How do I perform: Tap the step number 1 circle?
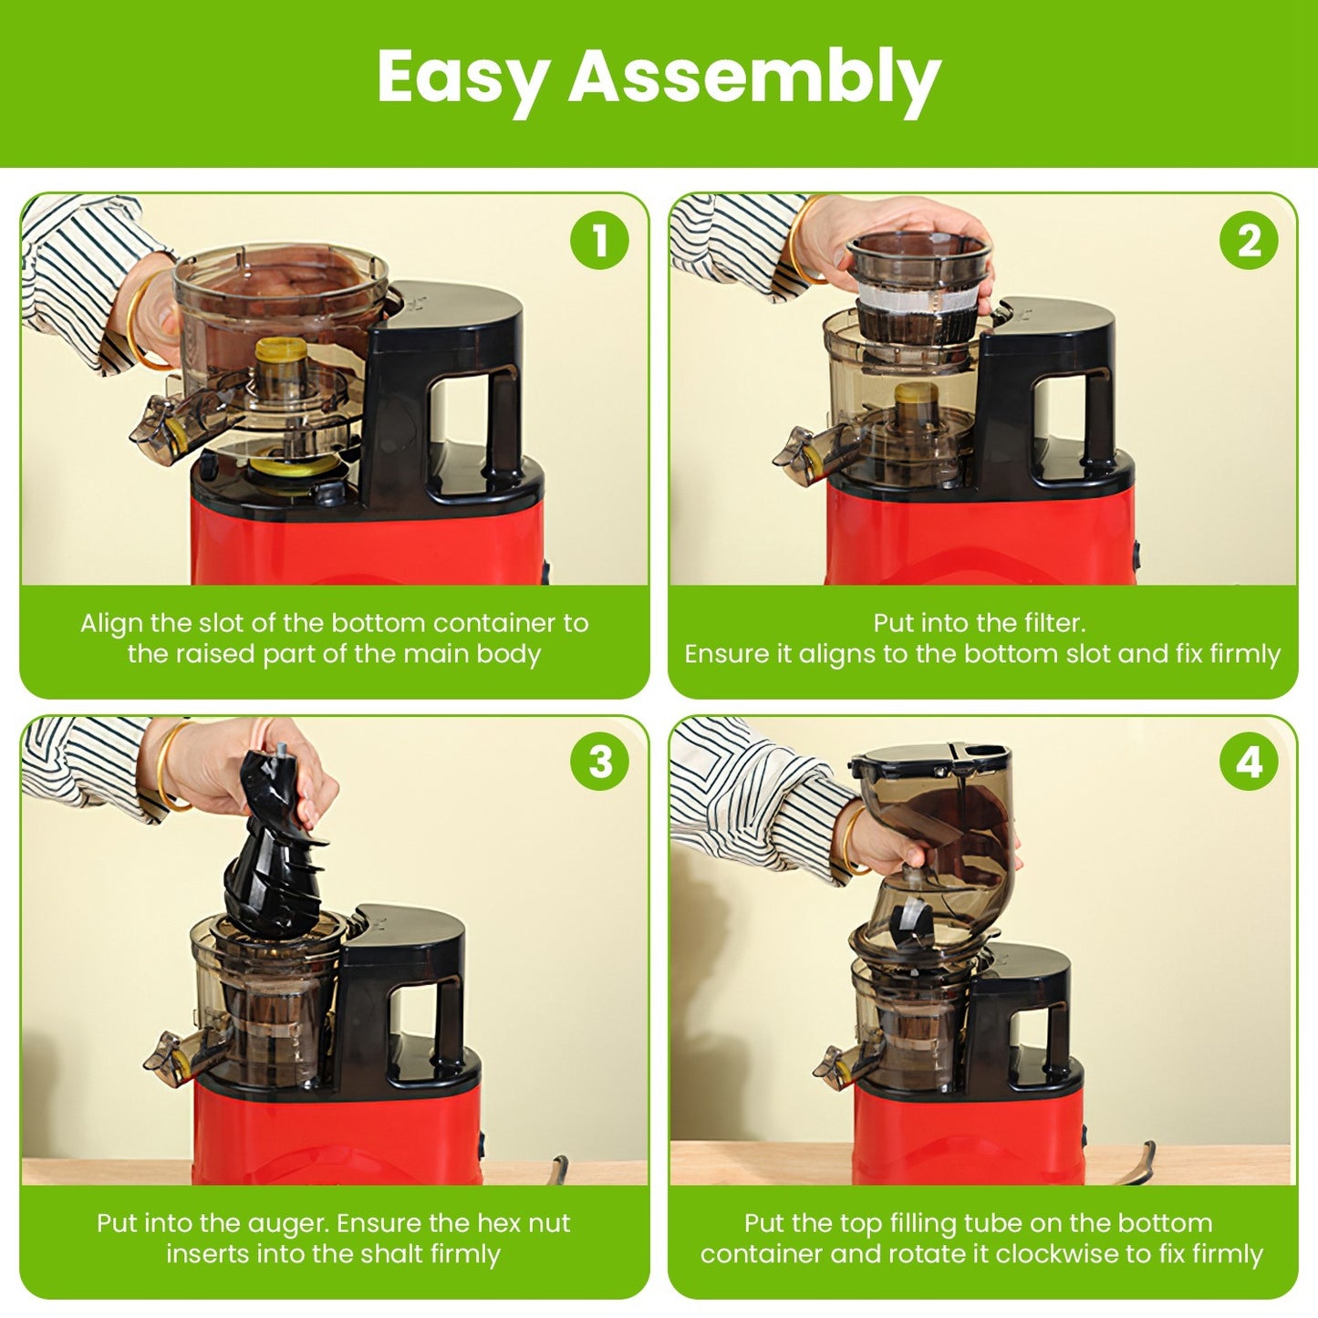click(599, 241)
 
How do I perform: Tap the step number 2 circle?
click(1249, 241)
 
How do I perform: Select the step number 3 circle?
click(599, 762)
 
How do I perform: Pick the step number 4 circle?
click(1249, 762)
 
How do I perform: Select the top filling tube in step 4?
click(939, 839)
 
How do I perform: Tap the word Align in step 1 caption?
click(111, 623)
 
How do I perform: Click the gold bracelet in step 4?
click(848, 839)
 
